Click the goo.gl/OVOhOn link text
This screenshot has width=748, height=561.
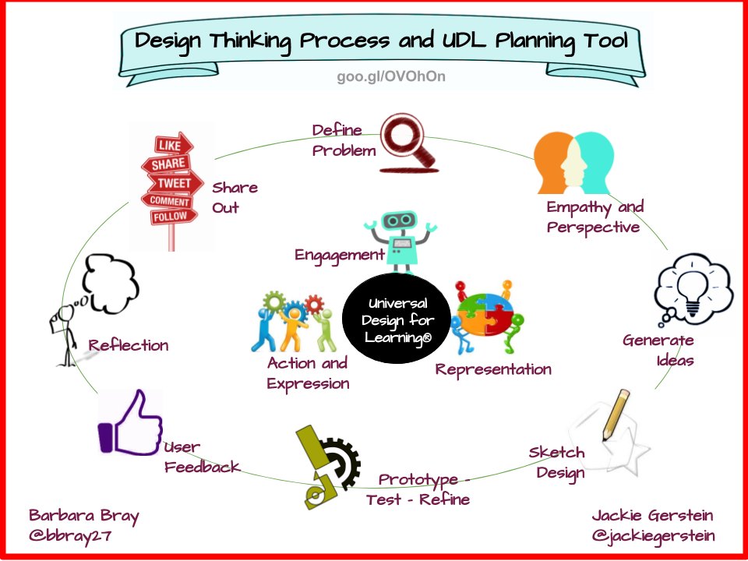tap(390, 77)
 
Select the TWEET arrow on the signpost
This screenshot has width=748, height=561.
tap(175, 183)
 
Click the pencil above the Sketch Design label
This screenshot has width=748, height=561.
tap(616, 414)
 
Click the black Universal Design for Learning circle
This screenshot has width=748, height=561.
tap(397, 319)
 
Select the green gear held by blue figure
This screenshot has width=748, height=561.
tap(273, 302)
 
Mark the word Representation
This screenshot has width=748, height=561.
tap(493, 369)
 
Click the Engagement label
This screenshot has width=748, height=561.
tap(340, 256)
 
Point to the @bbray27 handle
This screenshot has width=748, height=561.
tap(70, 536)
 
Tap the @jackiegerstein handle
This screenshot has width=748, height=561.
tap(653, 536)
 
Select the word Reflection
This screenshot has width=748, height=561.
tap(129, 345)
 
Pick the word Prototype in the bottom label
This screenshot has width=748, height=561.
tap(418, 480)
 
